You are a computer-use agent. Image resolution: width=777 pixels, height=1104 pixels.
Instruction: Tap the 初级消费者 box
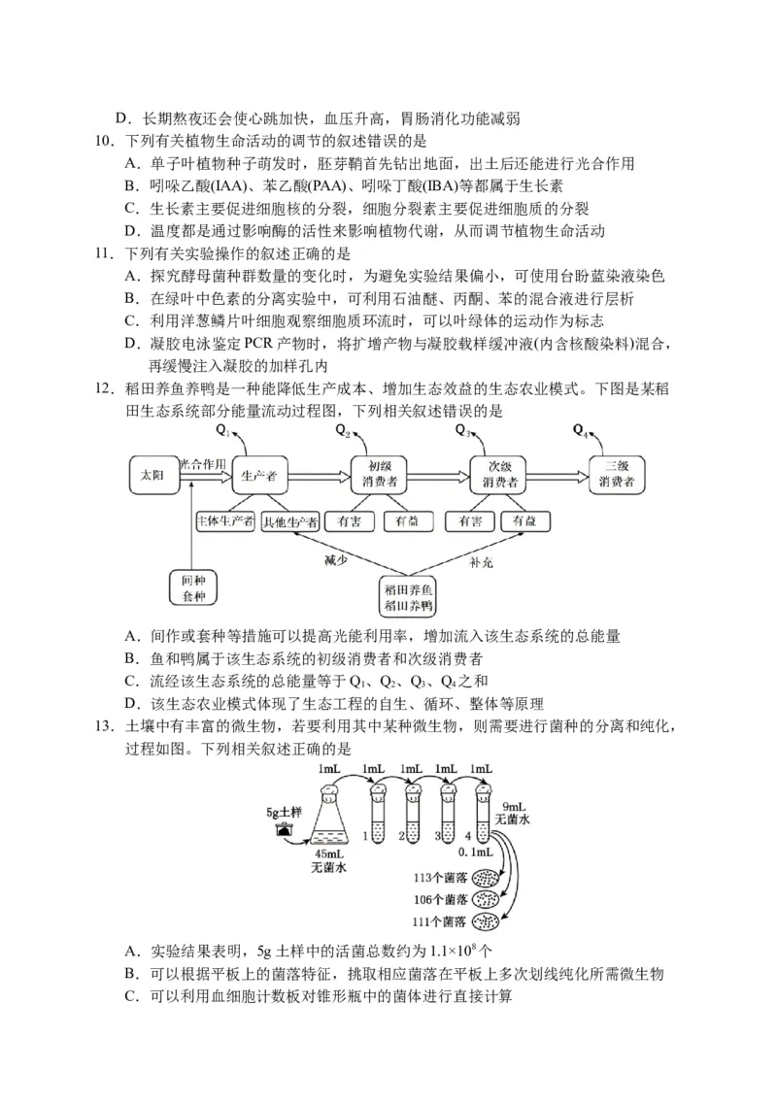pos(378,476)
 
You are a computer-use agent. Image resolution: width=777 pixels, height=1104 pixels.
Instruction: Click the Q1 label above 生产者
pos(222,430)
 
